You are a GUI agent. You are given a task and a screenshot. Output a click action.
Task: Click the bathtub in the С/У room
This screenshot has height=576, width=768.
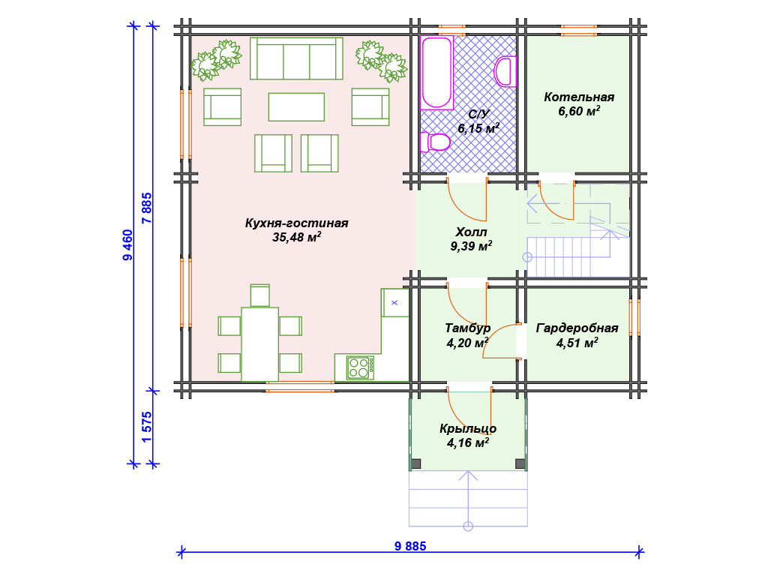[436, 73]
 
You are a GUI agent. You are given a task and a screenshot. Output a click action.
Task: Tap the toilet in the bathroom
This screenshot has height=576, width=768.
[435, 142]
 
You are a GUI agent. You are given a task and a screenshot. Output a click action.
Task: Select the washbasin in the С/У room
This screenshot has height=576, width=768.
[505, 71]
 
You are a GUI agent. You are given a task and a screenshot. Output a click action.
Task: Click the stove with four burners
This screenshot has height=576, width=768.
[360, 367]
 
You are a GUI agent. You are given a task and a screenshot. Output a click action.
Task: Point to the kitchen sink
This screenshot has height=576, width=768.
[394, 303]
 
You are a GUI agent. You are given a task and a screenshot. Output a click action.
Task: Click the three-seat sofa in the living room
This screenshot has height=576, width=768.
[296, 58]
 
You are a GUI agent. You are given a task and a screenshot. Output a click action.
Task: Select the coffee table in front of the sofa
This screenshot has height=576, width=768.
[296, 106]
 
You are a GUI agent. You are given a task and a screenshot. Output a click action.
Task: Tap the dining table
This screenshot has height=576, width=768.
[260, 344]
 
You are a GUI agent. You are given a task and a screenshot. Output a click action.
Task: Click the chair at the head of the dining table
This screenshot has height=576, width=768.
[260, 295]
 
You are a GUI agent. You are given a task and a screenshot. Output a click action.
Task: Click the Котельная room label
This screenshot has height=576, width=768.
[579, 97]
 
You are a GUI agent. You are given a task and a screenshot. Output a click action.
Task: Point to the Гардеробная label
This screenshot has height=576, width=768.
[577, 328]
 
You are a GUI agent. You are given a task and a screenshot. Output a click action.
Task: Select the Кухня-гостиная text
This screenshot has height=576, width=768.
[297, 223]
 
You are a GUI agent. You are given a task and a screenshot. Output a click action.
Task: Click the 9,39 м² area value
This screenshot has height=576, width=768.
[471, 246]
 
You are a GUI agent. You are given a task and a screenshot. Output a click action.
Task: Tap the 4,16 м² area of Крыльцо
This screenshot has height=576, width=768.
[468, 442]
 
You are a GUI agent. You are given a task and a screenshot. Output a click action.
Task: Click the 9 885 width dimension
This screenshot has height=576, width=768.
[410, 546]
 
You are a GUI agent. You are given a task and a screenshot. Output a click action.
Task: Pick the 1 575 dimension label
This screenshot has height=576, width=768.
[146, 427]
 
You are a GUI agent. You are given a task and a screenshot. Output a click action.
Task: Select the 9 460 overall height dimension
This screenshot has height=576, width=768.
[127, 245]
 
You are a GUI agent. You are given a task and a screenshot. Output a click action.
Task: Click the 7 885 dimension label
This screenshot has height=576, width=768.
[146, 208]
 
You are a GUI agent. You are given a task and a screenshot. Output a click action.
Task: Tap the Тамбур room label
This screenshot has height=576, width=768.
[467, 328]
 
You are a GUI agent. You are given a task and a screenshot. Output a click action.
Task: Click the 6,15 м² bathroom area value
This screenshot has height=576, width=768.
[478, 128]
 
